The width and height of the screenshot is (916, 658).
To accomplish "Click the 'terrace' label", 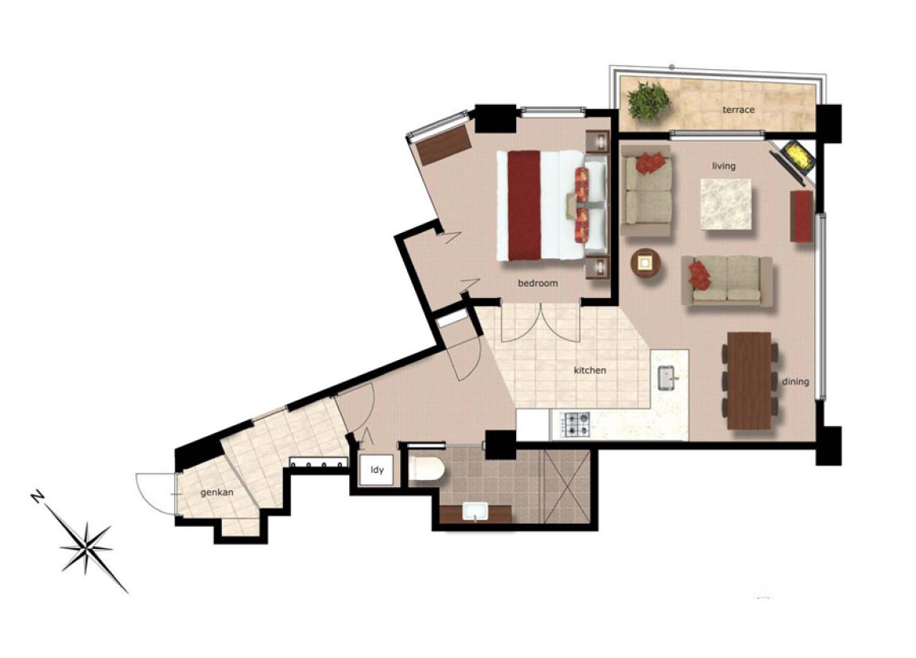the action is tap(739, 110).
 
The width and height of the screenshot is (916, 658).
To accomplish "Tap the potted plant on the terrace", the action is tap(649, 101).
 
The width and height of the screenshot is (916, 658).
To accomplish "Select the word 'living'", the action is tap(724, 166).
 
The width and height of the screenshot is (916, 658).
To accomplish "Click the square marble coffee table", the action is tap(726, 203).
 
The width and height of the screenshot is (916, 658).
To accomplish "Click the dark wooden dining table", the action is tap(750, 380).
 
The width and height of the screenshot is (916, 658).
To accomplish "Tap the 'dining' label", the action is tap(795, 381).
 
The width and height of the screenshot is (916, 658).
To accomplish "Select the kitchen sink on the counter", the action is tap(667, 377).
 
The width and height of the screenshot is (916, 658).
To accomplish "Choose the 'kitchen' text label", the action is tap(590, 370).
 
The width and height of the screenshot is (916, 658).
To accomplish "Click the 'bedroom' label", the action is tap(538, 283).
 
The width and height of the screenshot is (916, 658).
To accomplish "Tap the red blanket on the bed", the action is tap(524, 206).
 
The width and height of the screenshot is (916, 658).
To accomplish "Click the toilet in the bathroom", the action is tap(427, 470).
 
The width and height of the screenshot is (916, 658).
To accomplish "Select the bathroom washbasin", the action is tap(476, 512).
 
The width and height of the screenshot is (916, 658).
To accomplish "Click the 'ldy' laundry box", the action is tap(377, 470).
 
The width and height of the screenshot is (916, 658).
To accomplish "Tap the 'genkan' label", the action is tap(217, 493).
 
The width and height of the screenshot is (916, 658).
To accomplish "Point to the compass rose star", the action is tap(87, 546).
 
